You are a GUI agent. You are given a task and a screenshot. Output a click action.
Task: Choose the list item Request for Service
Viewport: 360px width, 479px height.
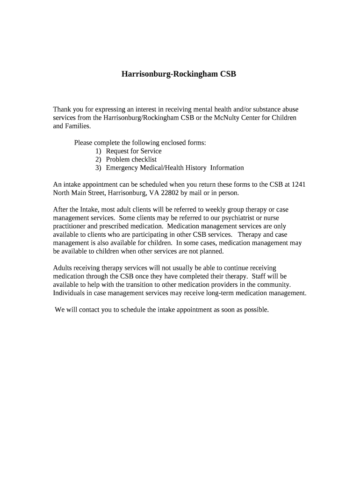pyautogui.click(x=134, y=151)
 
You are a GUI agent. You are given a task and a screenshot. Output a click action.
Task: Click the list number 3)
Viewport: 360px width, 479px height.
pyautogui.click(x=98, y=168)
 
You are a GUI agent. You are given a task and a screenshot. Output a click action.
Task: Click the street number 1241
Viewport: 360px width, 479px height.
pyautogui.click(x=298, y=184)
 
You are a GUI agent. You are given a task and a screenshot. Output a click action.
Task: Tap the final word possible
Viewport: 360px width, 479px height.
pyautogui.click(x=256, y=310)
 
